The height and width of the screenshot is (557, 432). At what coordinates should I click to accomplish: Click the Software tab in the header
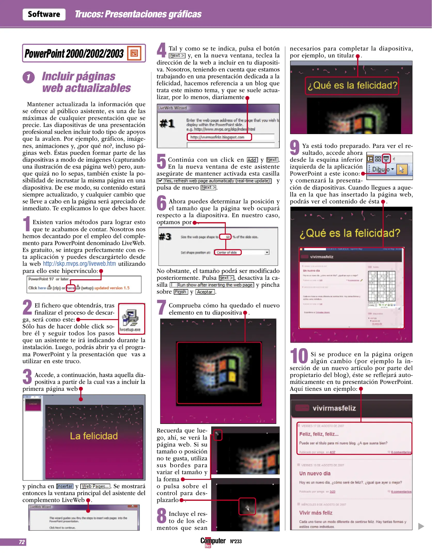click(44, 14)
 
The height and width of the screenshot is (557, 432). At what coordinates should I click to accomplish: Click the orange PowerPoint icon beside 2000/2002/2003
click(134, 53)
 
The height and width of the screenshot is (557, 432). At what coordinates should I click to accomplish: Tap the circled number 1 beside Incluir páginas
click(28, 77)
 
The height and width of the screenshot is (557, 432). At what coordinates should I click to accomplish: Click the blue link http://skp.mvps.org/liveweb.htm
click(79, 264)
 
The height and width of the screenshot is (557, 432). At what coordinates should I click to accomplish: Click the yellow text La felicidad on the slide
click(94, 436)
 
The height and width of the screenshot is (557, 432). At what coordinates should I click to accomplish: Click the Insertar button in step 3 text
click(65, 486)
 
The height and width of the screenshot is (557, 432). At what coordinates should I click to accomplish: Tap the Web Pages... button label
click(95, 486)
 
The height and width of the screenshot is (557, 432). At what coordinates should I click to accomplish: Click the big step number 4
click(161, 50)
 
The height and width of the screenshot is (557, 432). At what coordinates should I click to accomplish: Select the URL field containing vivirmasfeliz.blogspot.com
click(219, 137)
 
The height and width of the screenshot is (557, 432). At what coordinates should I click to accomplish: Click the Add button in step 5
click(252, 160)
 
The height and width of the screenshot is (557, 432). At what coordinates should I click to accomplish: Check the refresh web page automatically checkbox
click(160, 181)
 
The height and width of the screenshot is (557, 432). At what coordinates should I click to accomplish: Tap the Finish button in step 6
click(180, 292)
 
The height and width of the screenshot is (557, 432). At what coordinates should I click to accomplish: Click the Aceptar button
click(205, 292)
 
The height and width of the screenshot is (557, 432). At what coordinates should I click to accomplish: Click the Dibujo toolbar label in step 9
click(380, 169)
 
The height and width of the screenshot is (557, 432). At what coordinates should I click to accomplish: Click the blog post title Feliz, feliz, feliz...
click(319, 434)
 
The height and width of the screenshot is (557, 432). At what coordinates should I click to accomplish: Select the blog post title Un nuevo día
click(315, 473)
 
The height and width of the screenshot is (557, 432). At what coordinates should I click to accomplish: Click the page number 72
click(22, 542)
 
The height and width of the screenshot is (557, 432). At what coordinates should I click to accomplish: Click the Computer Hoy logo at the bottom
click(213, 541)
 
